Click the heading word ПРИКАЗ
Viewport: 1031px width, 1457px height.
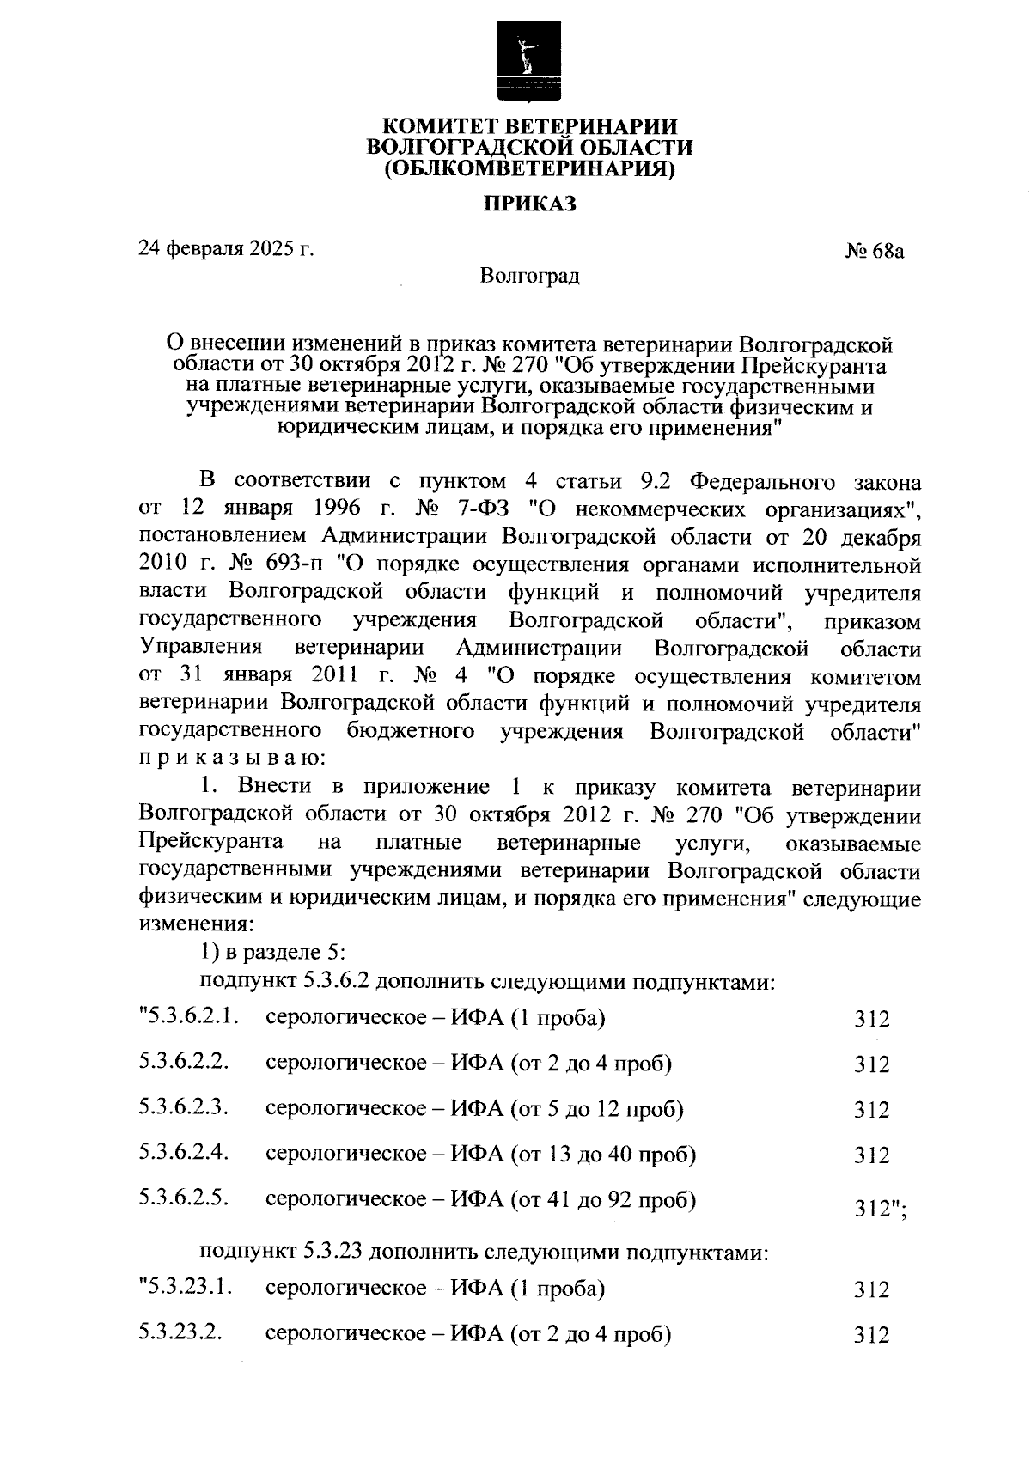tap(528, 204)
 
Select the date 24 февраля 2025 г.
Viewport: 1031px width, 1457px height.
tap(226, 250)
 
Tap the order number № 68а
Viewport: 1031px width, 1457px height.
tap(875, 252)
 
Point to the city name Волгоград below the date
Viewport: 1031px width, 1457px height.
tap(529, 277)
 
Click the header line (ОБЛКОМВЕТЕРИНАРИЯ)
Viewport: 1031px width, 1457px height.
tap(529, 168)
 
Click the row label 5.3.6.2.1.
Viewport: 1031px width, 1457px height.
tap(188, 1018)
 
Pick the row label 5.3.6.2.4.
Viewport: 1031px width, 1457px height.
tap(184, 1152)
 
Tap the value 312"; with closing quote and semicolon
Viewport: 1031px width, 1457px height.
tap(881, 1209)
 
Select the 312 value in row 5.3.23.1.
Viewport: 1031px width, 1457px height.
tap(871, 1289)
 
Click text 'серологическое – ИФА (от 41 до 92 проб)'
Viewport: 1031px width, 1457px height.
tap(480, 1198)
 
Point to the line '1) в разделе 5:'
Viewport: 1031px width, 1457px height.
tap(272, 952)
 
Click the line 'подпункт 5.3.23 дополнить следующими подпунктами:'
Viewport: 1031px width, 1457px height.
tap(483, 1252)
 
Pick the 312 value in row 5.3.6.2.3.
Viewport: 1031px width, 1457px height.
tap(871, 1110)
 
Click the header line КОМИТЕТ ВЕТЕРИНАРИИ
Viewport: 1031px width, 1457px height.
tap(529, 127)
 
